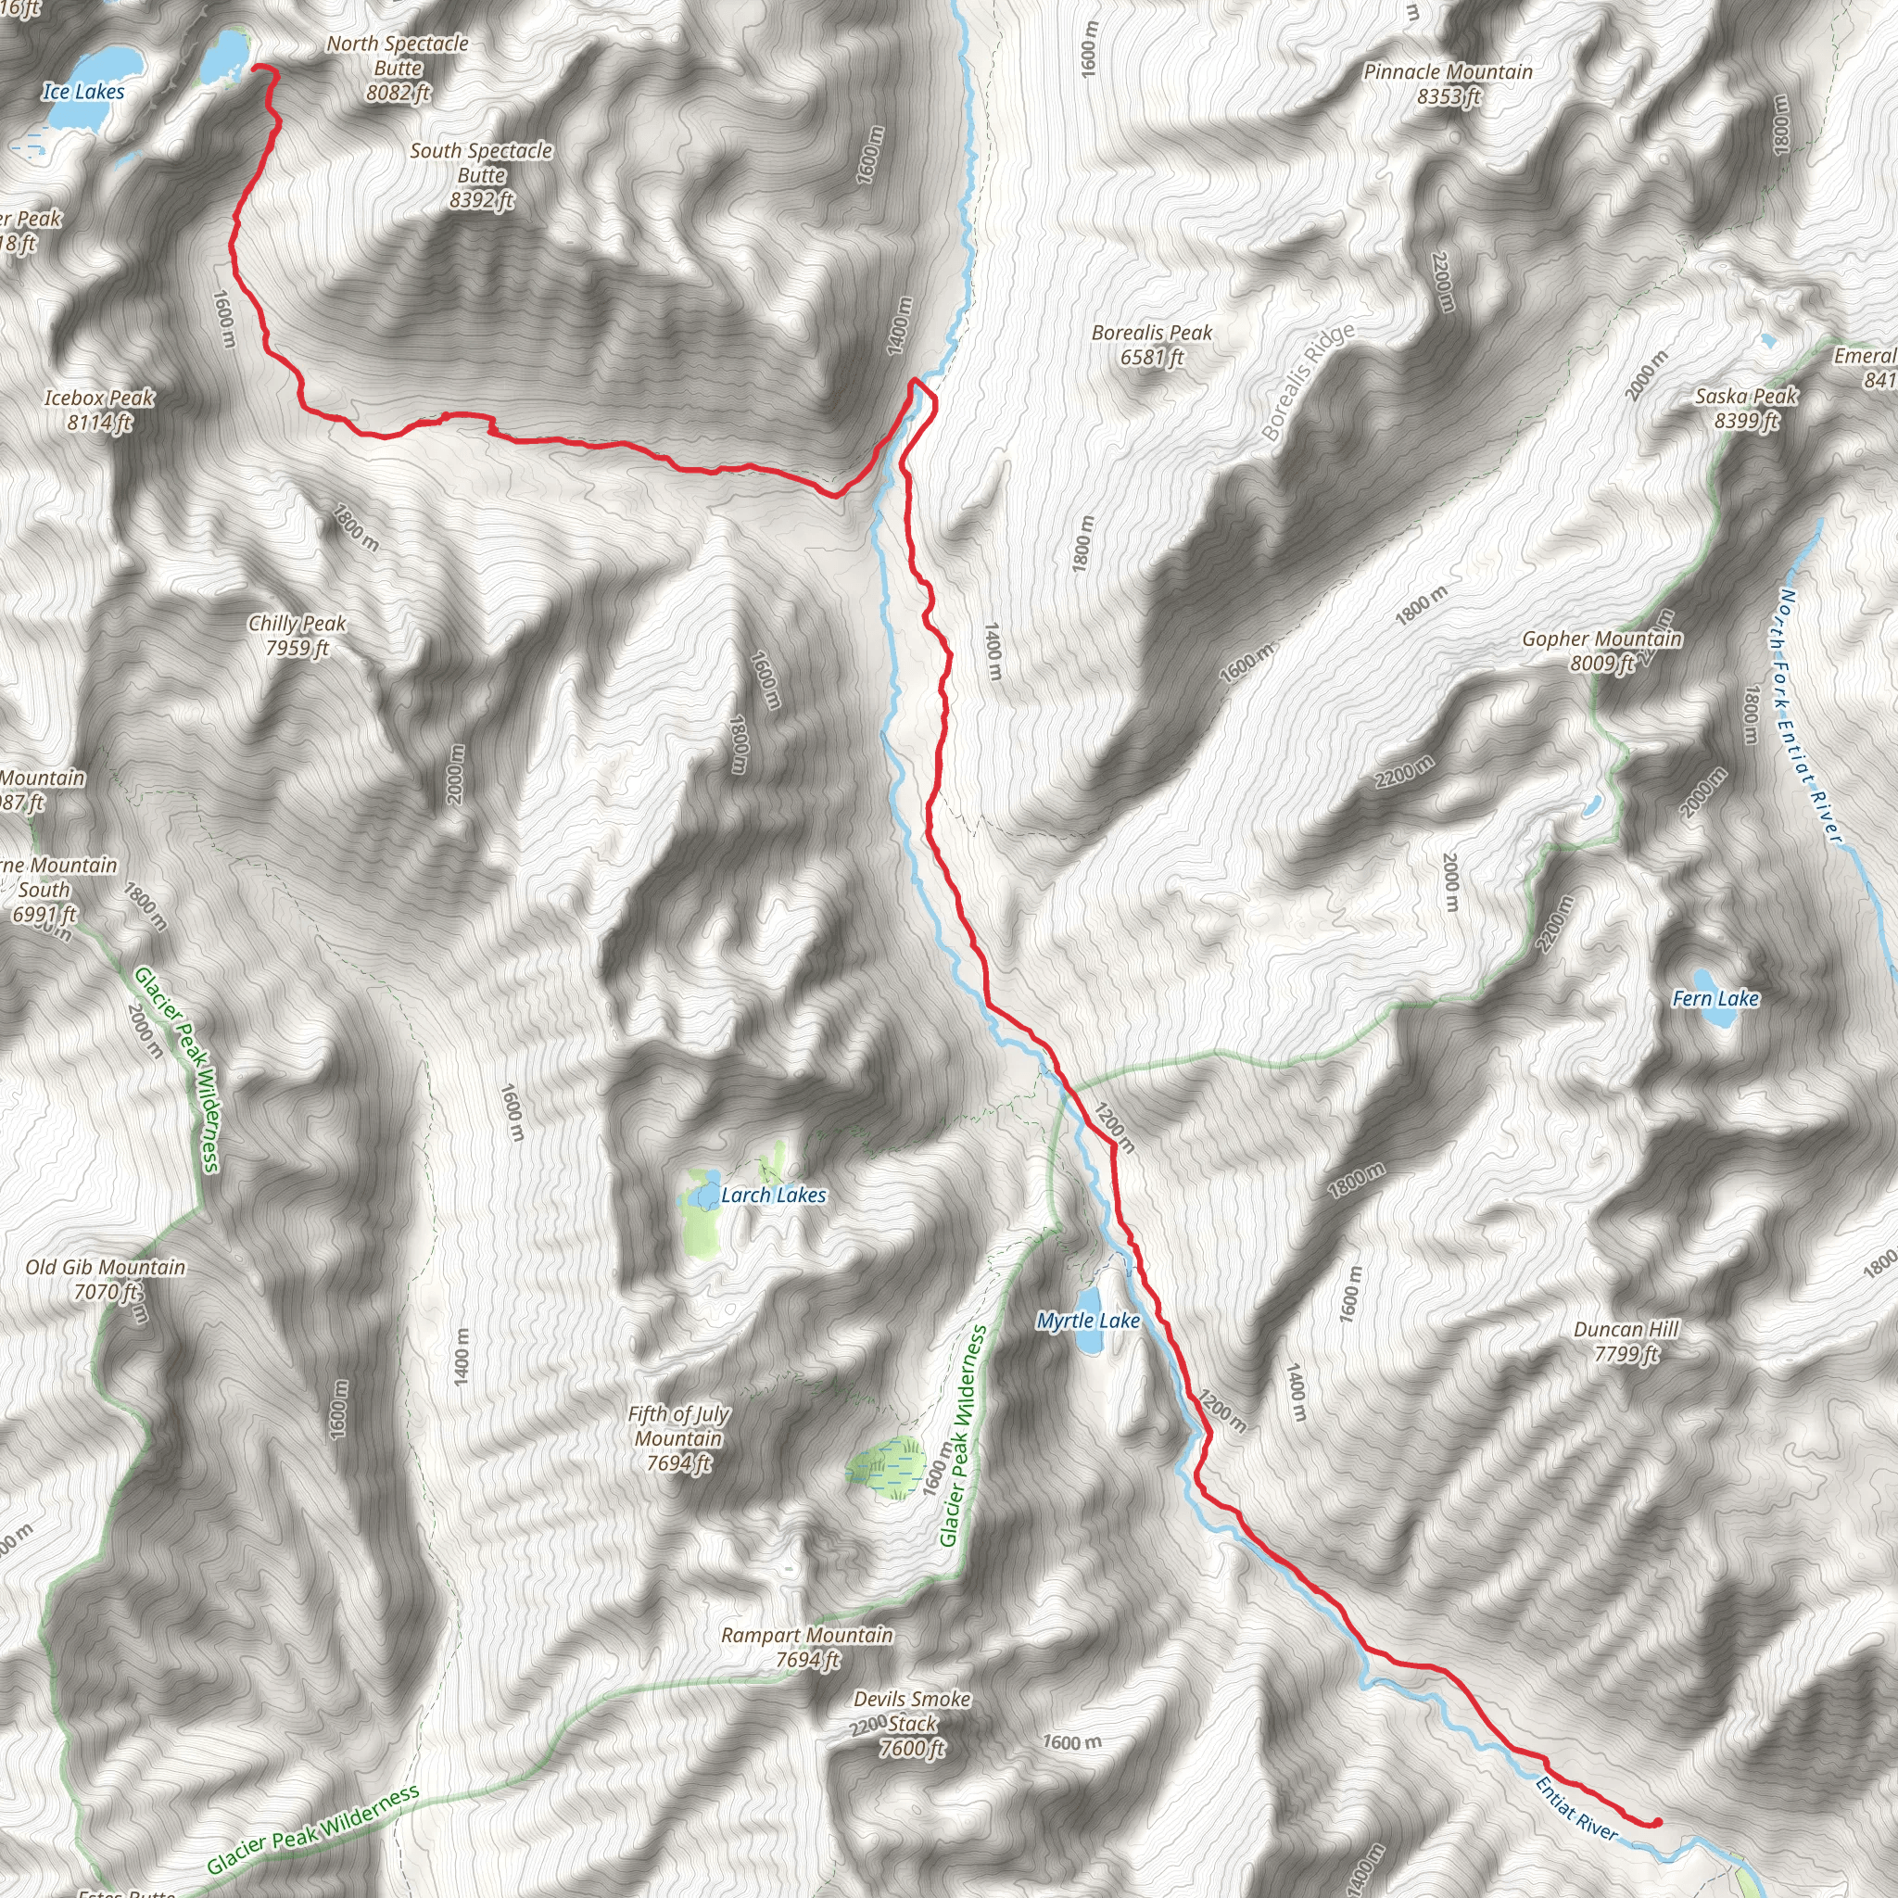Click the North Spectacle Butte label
[397, 68]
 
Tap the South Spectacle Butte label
[480, 175]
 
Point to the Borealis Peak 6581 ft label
[1151, 345]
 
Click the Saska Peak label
[1746, 408]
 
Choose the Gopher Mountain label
[1601, 651]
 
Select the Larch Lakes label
[773, 1195]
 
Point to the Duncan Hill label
[1626, 1341]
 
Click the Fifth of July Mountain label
[677, 1438]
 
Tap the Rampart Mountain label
[806, 1647]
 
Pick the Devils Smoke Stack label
[912, 1723]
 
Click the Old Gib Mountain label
[105, 1279]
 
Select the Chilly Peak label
[297, 635]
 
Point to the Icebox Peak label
[99, 410]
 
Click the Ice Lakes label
[83, 92]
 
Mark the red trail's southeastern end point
[1657, 1822]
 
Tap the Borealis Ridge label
[1308, 381]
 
